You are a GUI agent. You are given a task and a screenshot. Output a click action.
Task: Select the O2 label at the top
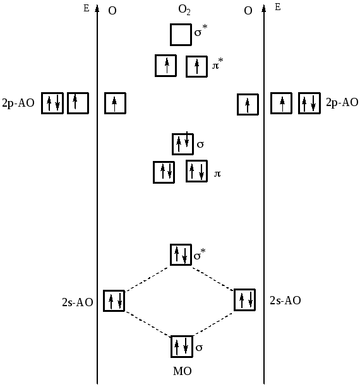(184, 10)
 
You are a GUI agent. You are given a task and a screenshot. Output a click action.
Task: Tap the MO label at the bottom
(183, 371)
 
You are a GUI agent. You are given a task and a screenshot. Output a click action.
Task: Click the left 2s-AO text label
(78, 302)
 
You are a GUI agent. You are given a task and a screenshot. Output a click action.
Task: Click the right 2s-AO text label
(285, 301)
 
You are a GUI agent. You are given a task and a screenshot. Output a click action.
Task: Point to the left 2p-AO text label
(18, 103)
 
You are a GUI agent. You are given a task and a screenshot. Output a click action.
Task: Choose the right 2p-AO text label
(342, 102)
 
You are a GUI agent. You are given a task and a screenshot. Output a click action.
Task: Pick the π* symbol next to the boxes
(217, 63)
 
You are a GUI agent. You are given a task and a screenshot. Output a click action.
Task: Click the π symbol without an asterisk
(217, 174)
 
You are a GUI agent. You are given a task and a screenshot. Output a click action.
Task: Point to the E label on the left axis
(86, 8)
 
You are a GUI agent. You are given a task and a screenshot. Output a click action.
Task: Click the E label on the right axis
(278, 7)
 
